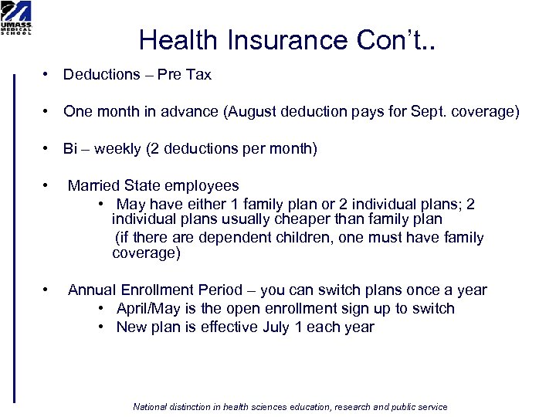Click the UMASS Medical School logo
point(16,18)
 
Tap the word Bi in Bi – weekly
point(71,149)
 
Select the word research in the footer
point(351,407)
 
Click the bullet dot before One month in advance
point(47,112)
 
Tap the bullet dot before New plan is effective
point(102,327)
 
